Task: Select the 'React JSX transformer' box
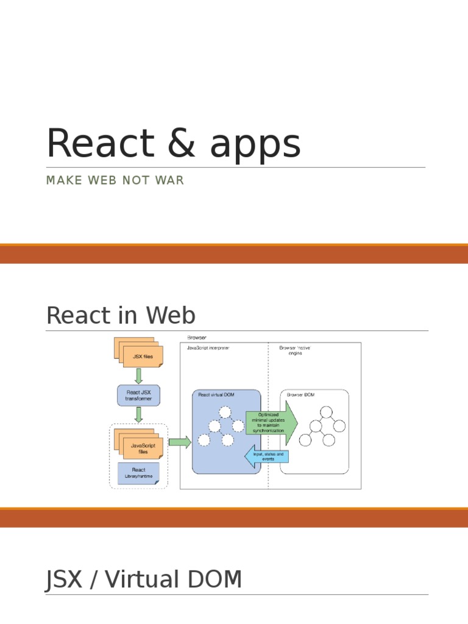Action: tap(138, 395)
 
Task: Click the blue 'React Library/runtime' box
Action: tap(138, 473)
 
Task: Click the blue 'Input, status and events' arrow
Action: tap(266, 457)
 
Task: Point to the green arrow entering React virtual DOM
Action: tap(179, 442)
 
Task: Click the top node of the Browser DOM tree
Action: tap(325, 412)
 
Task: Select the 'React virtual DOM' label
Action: tap(216, 395)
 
